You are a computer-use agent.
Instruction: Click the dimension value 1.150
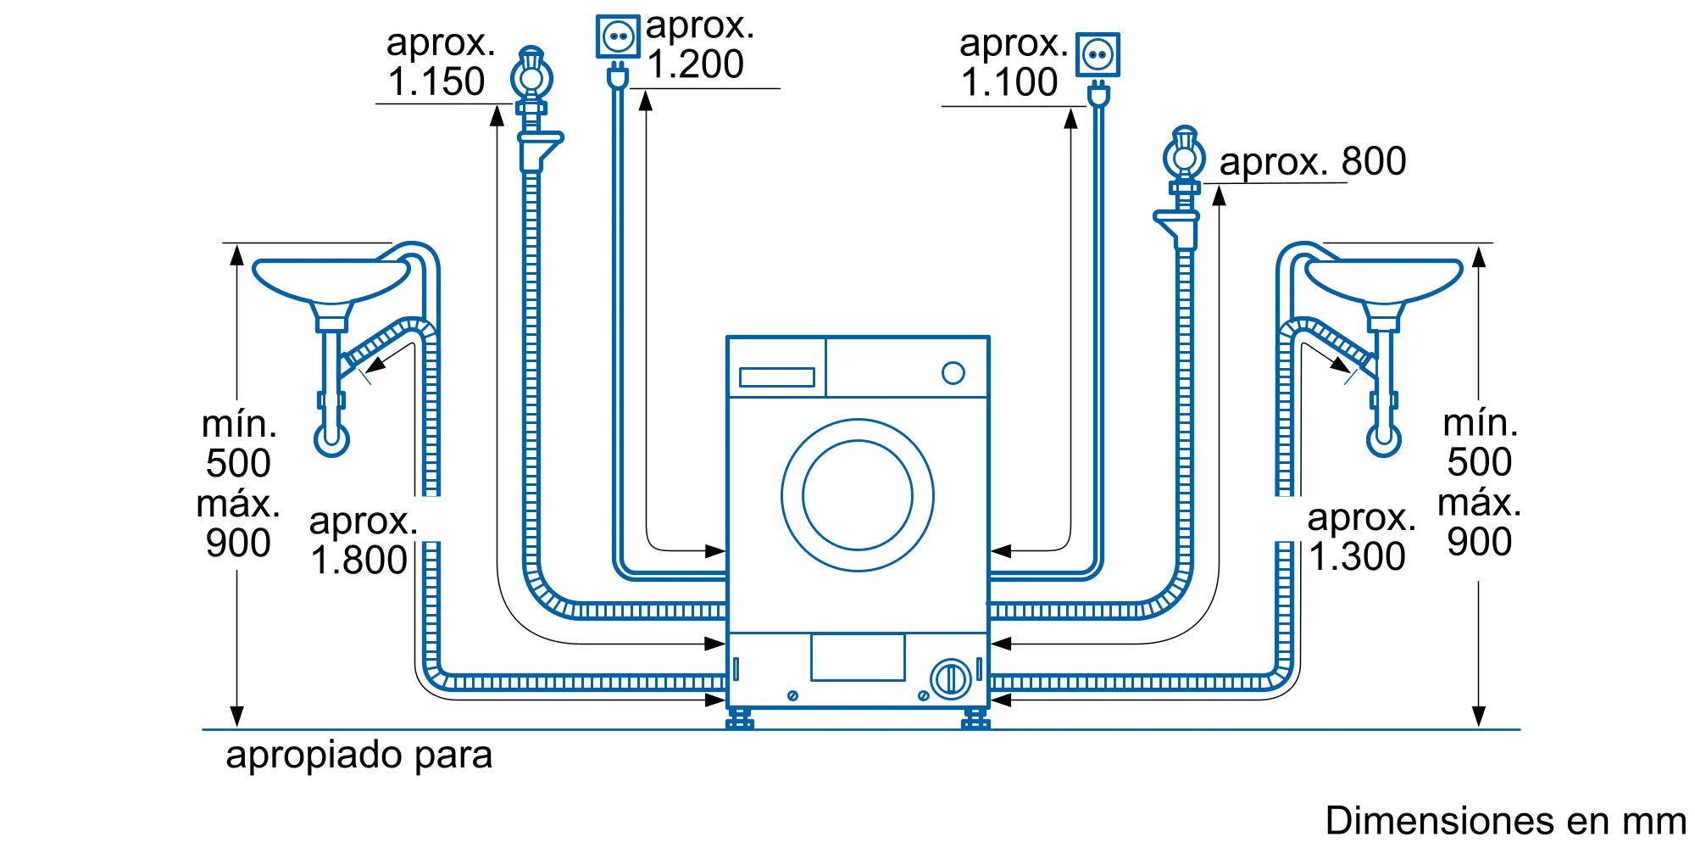pos(436,82)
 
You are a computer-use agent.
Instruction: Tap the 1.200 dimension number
pos(696,64)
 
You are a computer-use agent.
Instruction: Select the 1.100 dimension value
pos(1009,82)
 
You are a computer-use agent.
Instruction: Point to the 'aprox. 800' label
pos(1312,161)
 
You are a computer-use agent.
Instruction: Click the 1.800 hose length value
pos(358,561)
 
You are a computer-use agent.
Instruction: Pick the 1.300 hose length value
pos(1357,557)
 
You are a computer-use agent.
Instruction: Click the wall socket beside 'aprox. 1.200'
pos(618,36)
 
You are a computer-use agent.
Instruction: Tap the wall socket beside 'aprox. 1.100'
pos(1098,55)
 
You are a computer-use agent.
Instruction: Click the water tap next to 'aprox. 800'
pos(1184,158)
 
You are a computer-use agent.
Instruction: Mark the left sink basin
pos(331,280)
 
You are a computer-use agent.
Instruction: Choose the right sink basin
pos(1383,280)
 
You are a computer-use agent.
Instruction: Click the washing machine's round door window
pos(857,495)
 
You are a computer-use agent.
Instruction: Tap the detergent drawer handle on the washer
pos(776,377)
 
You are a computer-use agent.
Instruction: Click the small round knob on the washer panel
pos(953,373)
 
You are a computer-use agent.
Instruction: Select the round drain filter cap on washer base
pos(950,679)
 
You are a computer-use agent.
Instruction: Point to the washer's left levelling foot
pos(739,719)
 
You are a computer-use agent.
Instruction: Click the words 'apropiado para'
pos(358,755)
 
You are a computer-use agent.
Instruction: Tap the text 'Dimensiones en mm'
pos(1505,821)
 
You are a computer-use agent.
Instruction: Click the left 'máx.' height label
pos(237,505)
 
